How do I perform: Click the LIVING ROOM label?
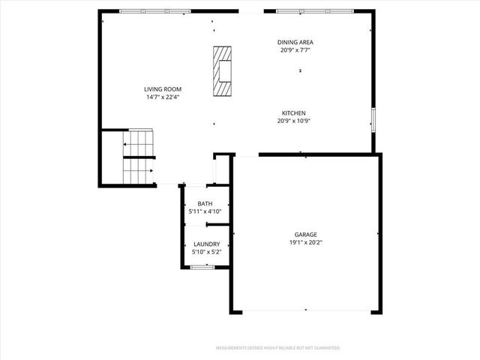(163, 88)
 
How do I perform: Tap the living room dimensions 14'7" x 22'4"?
(163, 97)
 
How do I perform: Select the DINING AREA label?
(295, 43)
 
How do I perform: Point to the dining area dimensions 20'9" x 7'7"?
(295, 51)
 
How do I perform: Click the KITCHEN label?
(293, 112)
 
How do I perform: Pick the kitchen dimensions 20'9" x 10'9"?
(293, 121)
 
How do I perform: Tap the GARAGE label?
(305, 234)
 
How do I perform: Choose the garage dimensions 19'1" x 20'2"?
(305, 242)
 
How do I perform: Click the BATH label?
(205, 204)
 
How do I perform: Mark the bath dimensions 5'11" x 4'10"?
(205, 211)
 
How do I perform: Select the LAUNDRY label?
(206, 244)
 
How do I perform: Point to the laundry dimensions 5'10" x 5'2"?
(206, 253)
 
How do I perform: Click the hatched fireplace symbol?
(222, 71)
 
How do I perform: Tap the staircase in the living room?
(138, 157)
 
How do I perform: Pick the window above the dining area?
(314, 11)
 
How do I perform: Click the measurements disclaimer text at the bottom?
(277, 348)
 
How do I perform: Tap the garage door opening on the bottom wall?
(305, 310)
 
